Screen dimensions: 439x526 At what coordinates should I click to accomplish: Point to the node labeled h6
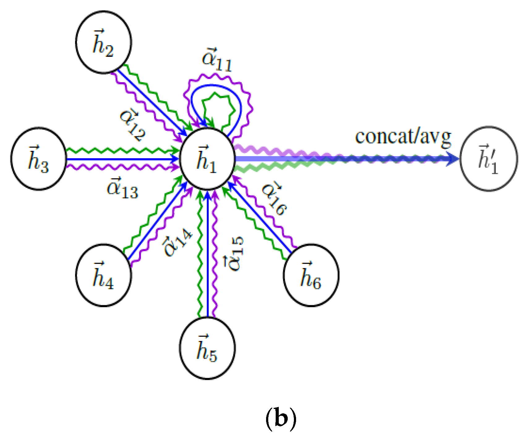point(311,275)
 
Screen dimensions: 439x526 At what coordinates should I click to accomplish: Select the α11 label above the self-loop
point(216,60)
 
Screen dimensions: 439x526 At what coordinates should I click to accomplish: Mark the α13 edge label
point(122,188)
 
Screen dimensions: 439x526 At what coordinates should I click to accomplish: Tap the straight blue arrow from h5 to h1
point(207,257)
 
